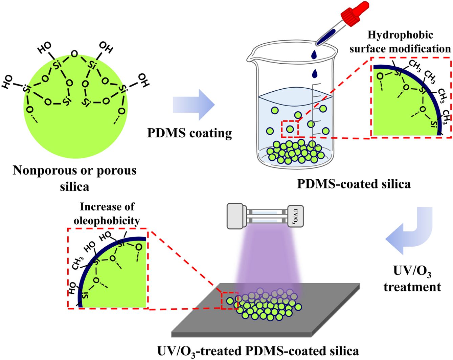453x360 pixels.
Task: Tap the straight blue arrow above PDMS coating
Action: (x=194, y=105)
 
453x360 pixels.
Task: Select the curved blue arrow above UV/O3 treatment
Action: (x=411, y=232)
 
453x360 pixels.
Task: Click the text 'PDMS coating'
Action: (x=189, y=133)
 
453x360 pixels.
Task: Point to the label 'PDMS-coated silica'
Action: (x=354, y=184)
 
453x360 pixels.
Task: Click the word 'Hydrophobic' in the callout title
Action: (x=400, y=35)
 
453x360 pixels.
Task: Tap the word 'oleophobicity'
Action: (x=107, y=221)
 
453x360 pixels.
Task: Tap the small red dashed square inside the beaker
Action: (x=290, y=129)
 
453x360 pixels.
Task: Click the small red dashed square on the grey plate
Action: (x=230, y=300)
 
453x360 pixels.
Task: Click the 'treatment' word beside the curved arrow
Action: (x=412, y=287)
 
